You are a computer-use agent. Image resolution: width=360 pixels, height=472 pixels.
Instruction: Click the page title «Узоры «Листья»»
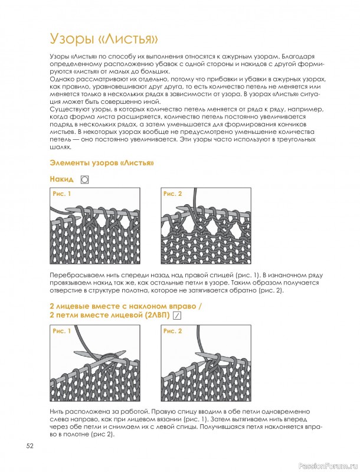(x=104, y=39)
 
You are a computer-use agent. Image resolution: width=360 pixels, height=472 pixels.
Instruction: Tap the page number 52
(x=30, y=446)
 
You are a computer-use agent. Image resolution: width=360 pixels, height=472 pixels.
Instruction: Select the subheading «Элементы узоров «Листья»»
(x=102, y=163)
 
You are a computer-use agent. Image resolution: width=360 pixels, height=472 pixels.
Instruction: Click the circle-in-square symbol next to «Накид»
(x=85, y=180)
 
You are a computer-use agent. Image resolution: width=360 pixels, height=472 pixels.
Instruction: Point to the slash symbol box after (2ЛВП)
(x=178, y=316)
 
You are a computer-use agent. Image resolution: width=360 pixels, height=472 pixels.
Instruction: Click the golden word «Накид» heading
(x=62, y=179)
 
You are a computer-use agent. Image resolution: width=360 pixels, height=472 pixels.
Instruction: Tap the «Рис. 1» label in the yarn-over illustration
(x=62, y=194)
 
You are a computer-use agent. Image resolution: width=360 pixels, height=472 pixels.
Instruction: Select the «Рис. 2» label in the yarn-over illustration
(x=172, y=194)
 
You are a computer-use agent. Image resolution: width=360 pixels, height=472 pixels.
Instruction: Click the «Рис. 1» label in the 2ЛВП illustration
(x=62, y=331)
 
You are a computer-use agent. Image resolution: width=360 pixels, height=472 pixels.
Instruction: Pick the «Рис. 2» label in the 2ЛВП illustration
(x=172, y=331)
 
